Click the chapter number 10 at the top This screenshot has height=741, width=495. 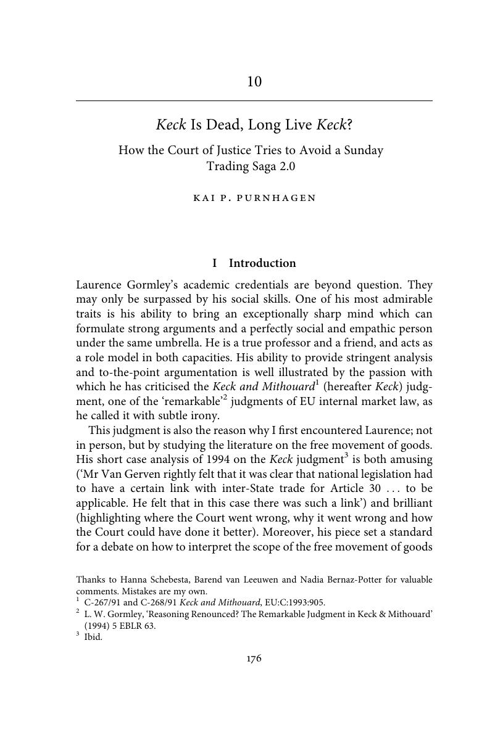254,81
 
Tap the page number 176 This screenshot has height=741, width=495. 254,658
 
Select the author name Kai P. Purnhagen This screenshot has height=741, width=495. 254,198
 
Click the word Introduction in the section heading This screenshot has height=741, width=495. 262,263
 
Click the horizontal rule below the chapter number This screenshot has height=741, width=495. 254,100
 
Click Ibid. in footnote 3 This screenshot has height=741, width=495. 93,637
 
